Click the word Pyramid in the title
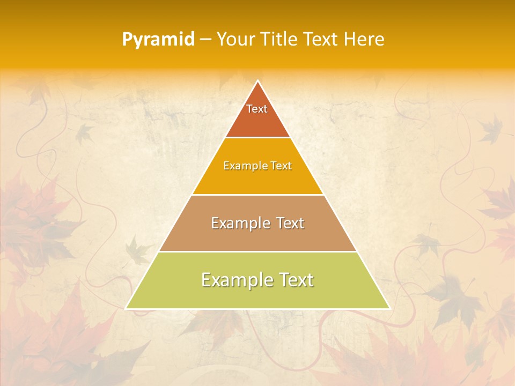[x=158, y=40]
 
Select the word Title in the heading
[x=283, y=39]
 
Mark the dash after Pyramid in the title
[x=205, y=40]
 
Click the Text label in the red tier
[x=257, y=109]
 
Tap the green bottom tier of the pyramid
[x=257, y=295]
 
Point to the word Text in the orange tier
[x=281, y=166]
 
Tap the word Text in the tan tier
[x=290, y=223]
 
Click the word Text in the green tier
[x=297, y=280]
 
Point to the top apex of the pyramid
[x=257, y=81]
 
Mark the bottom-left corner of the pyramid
[x=126, y=308]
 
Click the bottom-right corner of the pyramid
[x=389, y=308]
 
